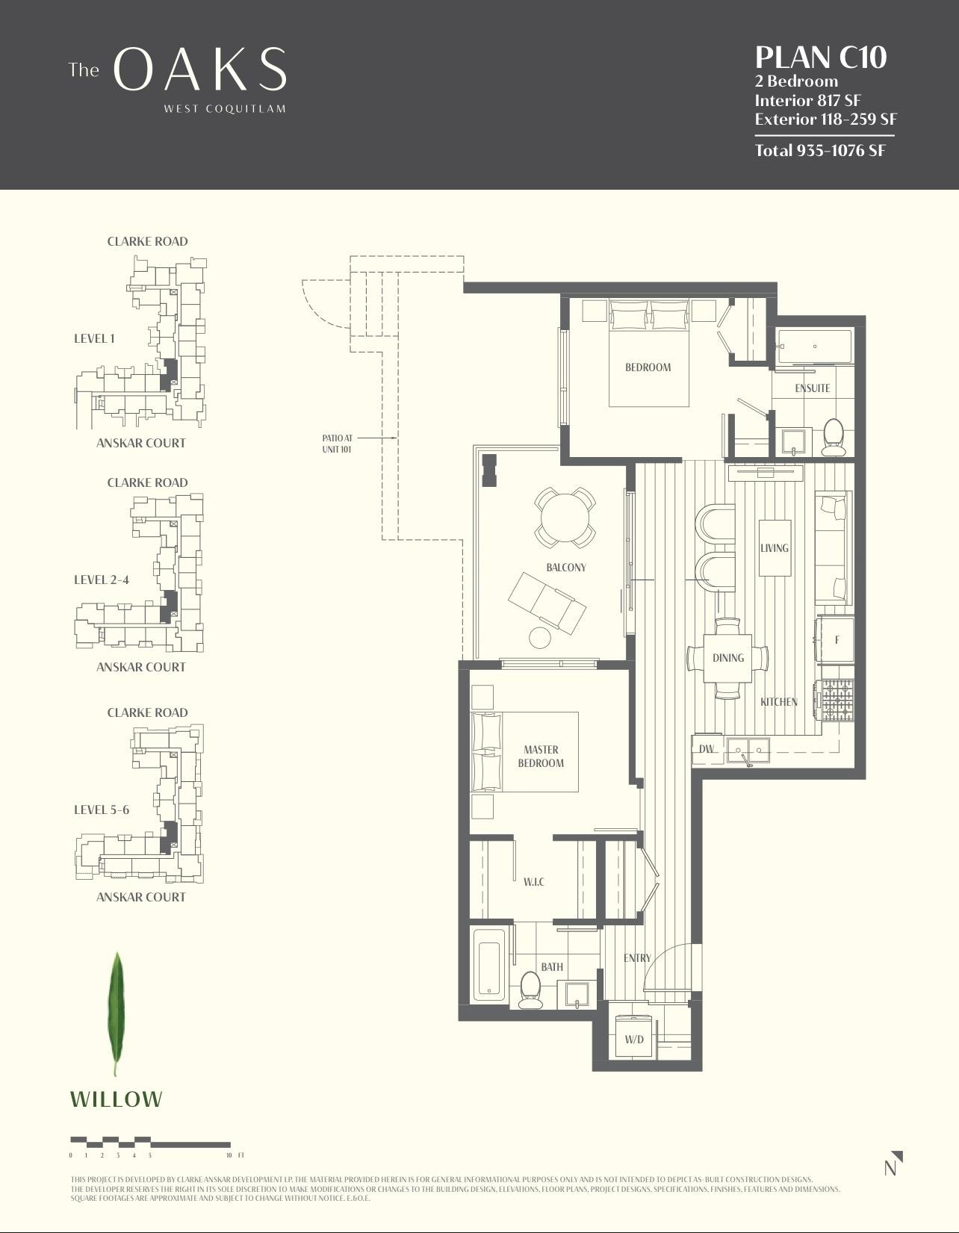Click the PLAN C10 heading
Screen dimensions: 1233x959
820,58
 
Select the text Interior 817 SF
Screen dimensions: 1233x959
808,100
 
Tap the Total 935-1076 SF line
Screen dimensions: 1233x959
819,150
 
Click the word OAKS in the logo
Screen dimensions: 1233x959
199,70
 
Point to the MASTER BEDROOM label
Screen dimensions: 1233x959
541,756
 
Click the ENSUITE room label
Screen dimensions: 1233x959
812,388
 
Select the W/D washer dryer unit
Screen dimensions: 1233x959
634,1038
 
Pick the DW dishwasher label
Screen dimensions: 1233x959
707,748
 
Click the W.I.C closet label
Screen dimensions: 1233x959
533,882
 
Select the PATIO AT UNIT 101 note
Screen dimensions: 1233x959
336,444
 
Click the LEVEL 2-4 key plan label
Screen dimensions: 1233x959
102,580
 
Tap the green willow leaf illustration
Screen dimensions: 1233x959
117,1012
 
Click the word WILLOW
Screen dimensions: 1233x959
116,1099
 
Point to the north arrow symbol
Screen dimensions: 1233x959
893,1164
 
